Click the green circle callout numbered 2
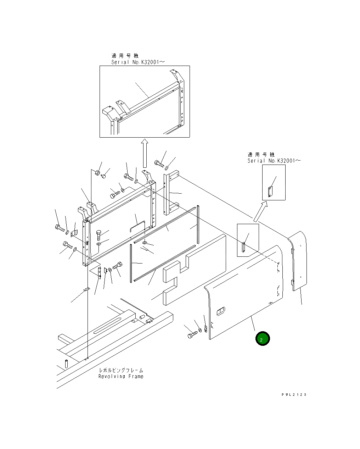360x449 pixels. point(263,339)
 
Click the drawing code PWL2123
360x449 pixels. point(294,394)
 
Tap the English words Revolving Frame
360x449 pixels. point(121,376)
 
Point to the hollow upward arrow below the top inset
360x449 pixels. point(144,153)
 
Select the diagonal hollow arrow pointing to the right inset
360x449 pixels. point(260,211)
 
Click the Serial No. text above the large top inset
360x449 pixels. point(138,62)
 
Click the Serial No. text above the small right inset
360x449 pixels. point(274,161)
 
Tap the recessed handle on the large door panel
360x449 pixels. point(220,311)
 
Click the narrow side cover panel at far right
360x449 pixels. point(298,261)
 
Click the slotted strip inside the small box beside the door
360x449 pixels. point(243,247)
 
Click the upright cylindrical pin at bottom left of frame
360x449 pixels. point(66,364)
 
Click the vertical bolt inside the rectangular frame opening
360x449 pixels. point(99,234)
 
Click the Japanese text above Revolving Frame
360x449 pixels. point(121,370)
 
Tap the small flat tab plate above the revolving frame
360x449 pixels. point(85,290)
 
